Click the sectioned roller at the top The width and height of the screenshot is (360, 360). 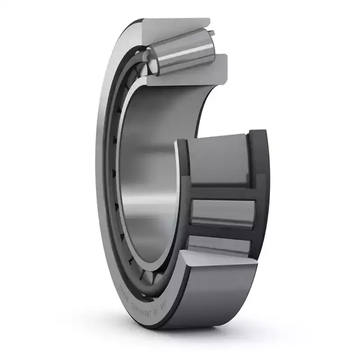(x=180, y=52)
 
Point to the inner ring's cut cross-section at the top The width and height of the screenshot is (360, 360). (x=189, y=70)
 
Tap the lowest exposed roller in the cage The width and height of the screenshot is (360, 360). (x=218, y=246)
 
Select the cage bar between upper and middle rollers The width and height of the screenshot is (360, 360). (x=220, y=191)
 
